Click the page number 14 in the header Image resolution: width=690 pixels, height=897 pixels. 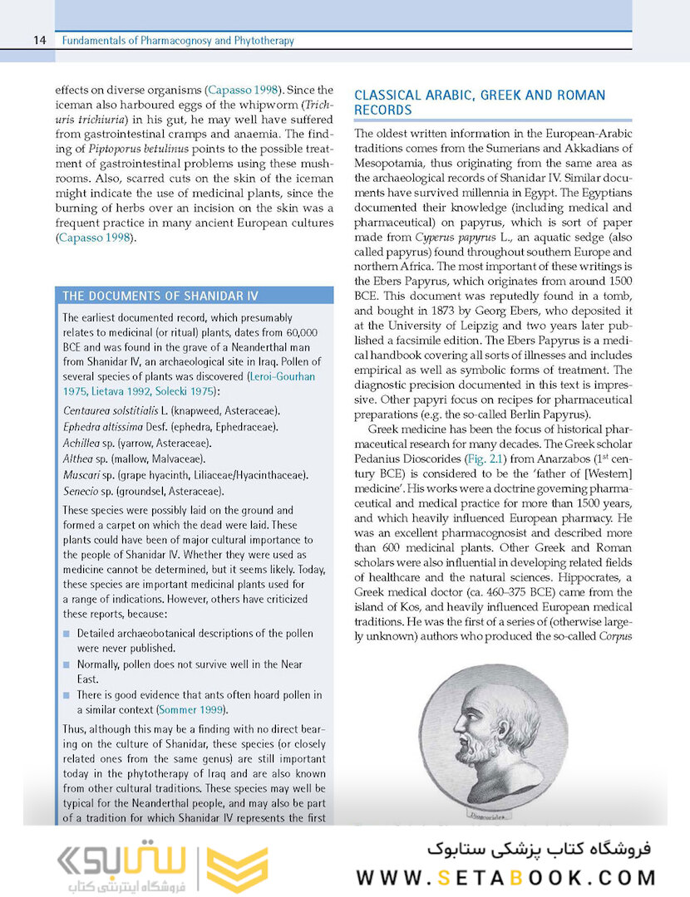39,41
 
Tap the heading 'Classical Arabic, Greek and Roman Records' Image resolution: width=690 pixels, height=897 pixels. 480,102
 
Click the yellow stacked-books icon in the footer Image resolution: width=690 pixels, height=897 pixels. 237,870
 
